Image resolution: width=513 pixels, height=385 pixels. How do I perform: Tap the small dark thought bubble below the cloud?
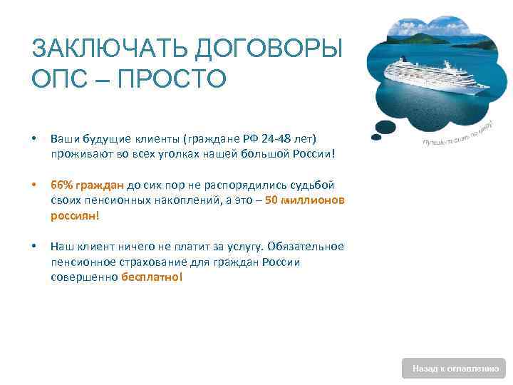(385, 128)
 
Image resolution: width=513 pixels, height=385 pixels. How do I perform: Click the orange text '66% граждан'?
(88, 185)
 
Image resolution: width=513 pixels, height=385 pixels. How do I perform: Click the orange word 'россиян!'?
(75, 215)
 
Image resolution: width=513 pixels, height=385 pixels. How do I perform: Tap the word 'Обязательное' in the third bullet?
(306, 246)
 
